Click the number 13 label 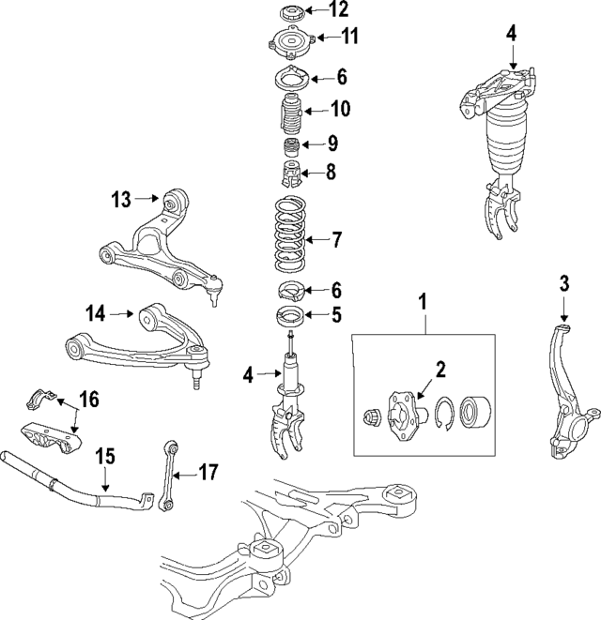pos(122,199)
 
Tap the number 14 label pos(96,313)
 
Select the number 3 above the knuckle pos(563,282)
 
